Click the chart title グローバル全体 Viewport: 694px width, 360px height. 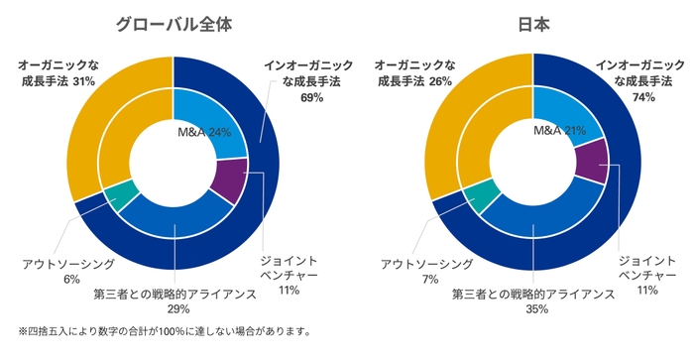click(173, 24)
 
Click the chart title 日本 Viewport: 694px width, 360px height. click(532, 24)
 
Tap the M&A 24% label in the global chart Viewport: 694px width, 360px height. click(204, 132)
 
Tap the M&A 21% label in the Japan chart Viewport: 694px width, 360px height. click(561, 131)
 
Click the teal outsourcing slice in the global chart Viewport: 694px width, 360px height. click(121, 194)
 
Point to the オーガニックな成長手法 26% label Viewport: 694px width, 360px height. click(413, 73)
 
